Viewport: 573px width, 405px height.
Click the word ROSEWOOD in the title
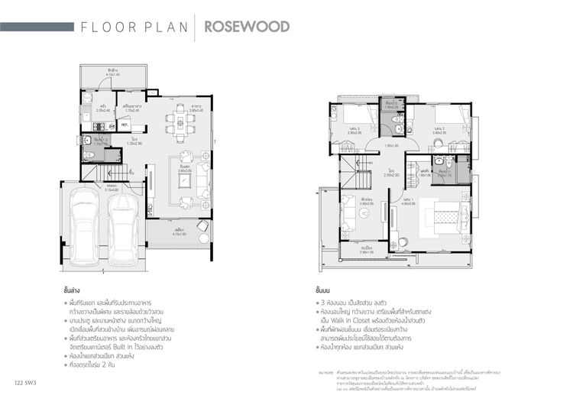pos(246,28)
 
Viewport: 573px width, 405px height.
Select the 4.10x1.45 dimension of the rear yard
pos(112,74)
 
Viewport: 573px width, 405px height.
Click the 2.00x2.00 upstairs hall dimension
pos(391,175)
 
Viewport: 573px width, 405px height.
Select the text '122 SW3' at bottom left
pos(25,381)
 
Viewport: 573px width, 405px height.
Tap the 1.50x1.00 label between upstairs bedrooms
pos(391,145)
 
